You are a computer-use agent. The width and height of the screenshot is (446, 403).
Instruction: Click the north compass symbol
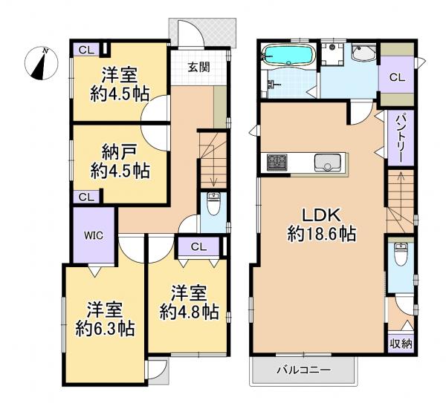click(40, 63)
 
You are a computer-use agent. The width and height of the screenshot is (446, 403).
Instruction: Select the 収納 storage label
click(400, 343)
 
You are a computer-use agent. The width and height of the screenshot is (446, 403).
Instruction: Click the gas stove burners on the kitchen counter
click(277, 161)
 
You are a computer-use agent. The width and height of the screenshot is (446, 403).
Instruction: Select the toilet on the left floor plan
click(213, 201)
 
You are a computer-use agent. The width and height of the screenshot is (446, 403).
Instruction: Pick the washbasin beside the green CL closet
click(364, 54)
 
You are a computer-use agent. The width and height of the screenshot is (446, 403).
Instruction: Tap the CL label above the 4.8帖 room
click(198, 247)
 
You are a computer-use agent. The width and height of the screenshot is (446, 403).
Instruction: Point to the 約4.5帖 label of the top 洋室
click(119, 95)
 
